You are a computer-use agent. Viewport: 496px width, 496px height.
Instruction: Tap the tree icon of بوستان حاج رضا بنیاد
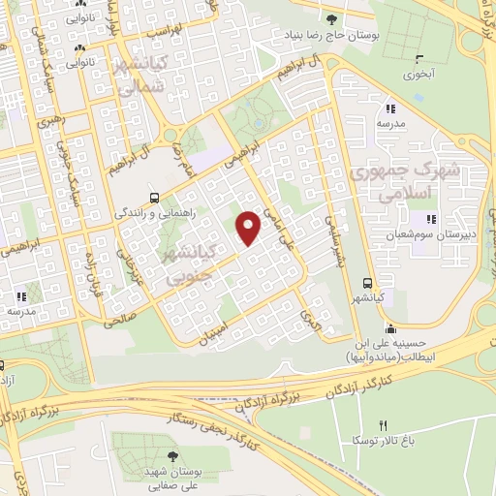(x=332, y=18)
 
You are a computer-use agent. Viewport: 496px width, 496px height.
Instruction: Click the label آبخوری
(x=400, y=74)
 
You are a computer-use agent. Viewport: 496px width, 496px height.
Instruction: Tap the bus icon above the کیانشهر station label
(x=366, y=283)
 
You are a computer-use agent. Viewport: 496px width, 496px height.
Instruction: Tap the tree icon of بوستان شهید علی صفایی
(x=172, y=457)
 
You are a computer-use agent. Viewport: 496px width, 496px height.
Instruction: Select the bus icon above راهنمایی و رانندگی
(x=153, y=195)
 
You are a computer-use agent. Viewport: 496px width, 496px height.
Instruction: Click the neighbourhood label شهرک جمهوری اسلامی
(x=400, y=181)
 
